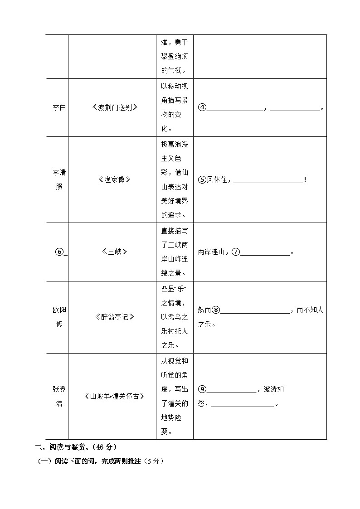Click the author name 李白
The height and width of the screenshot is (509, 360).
click(x=59, y=107)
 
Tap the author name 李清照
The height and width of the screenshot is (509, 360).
click(x=59, y=179)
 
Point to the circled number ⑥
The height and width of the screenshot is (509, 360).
click(x=58, y=252)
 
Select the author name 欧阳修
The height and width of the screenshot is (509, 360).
click(x=59, y=317)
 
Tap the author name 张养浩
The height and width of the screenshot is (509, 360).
click(x=59, y=396)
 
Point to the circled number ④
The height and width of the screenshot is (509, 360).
click(x=202, y=107)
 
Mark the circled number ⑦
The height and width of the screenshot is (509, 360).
click(x=235, y=252)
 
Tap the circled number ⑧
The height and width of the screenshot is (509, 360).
click(x=216, y=310)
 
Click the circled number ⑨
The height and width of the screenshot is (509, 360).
click(x=202, y=389)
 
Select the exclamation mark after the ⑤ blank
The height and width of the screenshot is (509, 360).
click(x=305, y=180)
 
